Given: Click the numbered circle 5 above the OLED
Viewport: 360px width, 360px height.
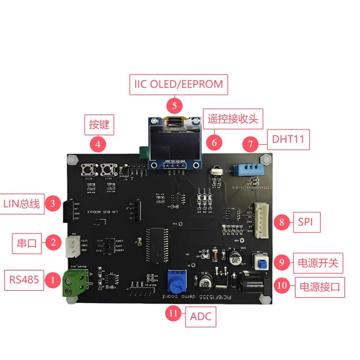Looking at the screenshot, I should [175, 106].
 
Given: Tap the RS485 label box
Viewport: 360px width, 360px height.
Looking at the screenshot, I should [24, 280].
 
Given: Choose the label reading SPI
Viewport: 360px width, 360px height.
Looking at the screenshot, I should [307, 222].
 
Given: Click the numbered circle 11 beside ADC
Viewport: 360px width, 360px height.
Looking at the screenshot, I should [173, 313].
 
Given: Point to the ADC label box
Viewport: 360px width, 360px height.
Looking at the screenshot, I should [201, 317].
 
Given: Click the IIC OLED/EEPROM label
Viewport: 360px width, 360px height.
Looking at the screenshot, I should [179, 84].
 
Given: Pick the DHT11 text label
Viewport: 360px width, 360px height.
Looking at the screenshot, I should [288, 139].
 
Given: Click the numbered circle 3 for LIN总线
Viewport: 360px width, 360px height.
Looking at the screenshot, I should [53, 204].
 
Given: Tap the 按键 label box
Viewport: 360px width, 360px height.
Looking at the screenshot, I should [99, 125].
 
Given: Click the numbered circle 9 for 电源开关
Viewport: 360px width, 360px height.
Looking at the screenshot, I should [282, 263].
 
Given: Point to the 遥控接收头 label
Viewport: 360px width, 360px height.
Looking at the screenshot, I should [233, 119].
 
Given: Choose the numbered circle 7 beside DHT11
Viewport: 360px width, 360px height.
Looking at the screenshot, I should [250, 144].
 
